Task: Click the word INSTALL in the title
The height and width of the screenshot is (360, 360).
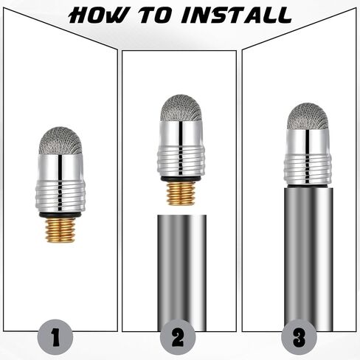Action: click(x=236, y=15)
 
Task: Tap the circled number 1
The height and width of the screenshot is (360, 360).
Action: click(x=55, y=336)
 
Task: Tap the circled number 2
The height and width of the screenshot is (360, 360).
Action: click(x=178, y=336)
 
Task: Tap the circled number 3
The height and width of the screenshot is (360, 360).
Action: click(x=300, y=336)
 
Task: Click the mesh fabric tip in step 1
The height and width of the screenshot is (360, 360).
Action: click(x=60, y=141)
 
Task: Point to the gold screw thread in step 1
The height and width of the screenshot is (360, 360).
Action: click(x=60, y=230)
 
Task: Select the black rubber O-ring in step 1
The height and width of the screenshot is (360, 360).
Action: click(x=60, y=215)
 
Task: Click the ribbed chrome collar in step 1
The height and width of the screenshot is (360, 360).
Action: click(x=60, y=196)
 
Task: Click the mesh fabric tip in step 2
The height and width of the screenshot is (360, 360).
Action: click(x=181, y=108)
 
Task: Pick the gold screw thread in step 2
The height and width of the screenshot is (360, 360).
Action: click(x=181, y=194)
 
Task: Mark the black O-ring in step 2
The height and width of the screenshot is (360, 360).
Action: click(x=181, y=179)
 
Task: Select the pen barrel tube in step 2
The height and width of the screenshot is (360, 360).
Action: click(x=182, y=273)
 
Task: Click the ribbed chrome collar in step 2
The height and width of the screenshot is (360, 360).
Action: click(x=181, y=162)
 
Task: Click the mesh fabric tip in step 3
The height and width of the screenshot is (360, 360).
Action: click(x=308, y=117)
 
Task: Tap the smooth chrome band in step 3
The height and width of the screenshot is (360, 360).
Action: click(x=308, y=142)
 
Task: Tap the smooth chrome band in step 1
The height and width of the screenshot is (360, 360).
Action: click(x=60, y=167)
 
